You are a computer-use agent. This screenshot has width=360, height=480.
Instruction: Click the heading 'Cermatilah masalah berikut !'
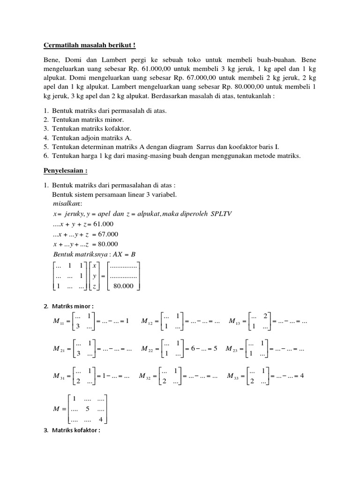click(x=89, y=45)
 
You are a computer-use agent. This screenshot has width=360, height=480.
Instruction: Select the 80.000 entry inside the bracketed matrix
click(x=124, y=285)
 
